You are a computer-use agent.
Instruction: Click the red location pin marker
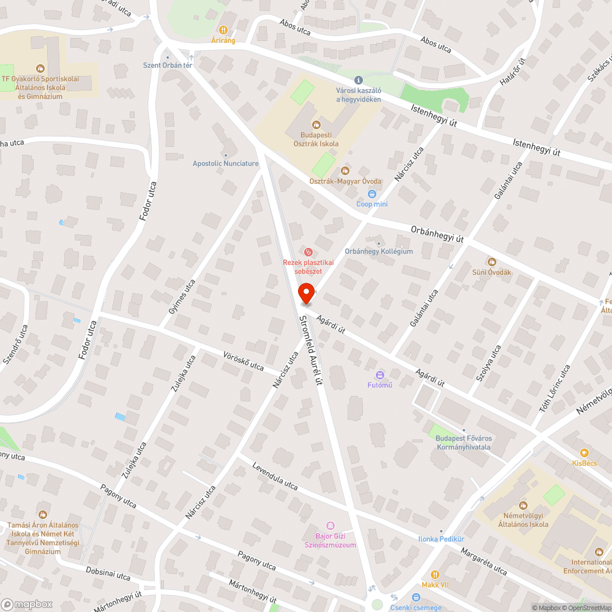point(306,294)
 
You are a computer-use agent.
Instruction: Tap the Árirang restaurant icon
point(223,29)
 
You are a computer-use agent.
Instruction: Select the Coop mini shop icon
point(371,194)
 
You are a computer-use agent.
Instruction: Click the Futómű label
point(379,385)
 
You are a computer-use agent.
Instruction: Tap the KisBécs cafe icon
point(584,453)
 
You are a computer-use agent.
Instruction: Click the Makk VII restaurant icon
point(435,575)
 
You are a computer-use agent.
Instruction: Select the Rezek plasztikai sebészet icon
point(309,252)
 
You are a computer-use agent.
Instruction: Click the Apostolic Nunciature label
point(226,163)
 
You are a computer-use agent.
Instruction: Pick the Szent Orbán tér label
point(168,65)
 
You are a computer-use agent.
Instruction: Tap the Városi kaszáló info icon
point(359,80)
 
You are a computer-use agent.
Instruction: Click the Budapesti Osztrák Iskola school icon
point(316,125)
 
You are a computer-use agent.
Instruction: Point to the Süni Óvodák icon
point(491,262)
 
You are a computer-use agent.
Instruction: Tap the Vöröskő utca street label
point(243,362)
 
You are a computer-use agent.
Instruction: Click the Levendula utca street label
point(275,476)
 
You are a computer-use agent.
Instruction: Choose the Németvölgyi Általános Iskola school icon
point(523,505)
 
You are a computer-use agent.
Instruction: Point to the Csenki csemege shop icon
point(416,598)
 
